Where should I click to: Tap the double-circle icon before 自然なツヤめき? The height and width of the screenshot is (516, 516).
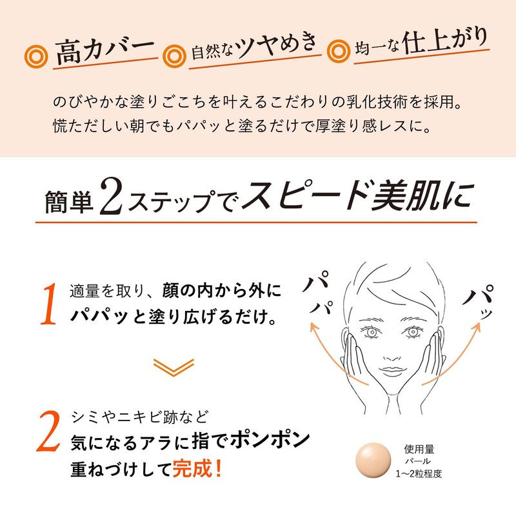[172, 54]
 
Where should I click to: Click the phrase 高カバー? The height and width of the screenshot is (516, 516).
[103, 51]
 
